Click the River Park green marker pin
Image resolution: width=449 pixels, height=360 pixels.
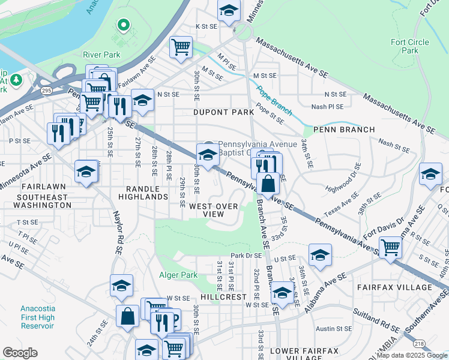124,25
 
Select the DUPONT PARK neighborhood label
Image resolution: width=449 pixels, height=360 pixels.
215,112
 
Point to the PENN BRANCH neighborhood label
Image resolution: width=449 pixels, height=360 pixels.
344,130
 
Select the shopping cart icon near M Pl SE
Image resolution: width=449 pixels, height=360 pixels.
181,47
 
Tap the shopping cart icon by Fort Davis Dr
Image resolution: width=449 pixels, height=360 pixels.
391,246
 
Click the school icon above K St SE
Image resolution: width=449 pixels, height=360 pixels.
228,10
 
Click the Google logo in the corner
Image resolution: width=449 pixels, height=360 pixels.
20,353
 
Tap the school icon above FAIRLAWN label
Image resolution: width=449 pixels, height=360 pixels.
86,173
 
